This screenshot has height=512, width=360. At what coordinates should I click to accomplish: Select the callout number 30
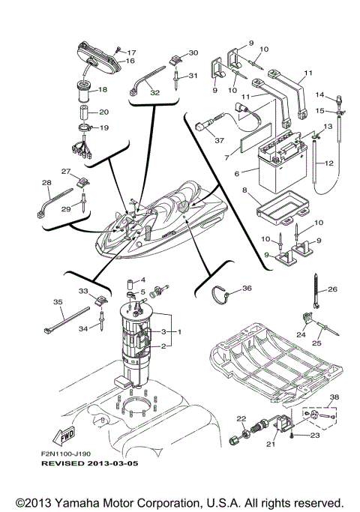tap(193, 52)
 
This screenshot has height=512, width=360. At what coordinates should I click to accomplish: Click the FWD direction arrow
tap(62, 433)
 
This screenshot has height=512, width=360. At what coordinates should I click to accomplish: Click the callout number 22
tap(241, 418)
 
